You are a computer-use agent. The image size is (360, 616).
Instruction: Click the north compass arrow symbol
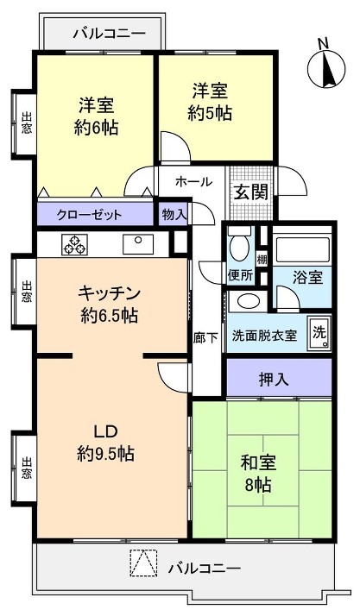(x=326, y=65)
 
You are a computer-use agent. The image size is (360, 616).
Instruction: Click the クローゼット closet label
(x=90, y=215)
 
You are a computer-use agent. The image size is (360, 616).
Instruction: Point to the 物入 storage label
(x=174, y=214)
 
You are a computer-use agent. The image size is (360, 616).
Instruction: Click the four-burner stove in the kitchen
(x=73, y=243)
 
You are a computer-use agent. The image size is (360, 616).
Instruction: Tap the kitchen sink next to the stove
(x=136, y=243)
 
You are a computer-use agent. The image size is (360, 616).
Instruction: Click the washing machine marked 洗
(x=319, y=333)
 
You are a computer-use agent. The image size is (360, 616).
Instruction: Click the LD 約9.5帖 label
(x=104, y=442)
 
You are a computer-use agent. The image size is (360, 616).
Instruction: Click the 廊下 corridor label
(x=205, y=339)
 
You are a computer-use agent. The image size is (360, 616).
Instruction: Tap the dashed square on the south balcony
(x=142, y=563)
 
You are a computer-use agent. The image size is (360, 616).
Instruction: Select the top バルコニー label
(x=109, y=34)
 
